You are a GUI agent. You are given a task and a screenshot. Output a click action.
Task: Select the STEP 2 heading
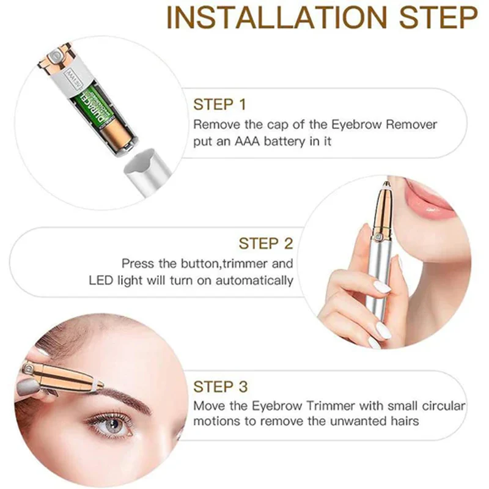[266, 243]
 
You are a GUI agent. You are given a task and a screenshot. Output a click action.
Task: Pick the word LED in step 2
[101, 280]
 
